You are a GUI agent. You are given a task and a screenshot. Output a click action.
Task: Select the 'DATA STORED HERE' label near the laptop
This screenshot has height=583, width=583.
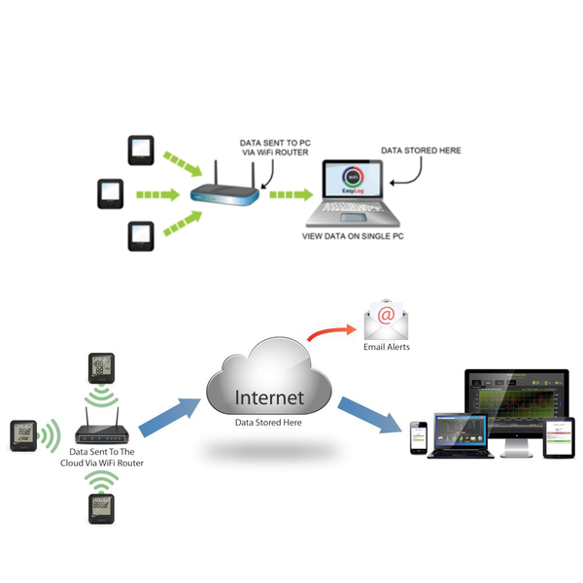(x=420, y=152)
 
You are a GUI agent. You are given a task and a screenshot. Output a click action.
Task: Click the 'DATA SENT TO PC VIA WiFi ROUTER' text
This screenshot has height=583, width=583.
(x=276, y=148)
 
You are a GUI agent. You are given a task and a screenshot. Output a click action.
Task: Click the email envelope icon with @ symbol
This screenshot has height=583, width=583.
(x=385, y=318)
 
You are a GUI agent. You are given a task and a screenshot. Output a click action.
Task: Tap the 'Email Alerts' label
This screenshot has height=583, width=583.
(x=386, y=347)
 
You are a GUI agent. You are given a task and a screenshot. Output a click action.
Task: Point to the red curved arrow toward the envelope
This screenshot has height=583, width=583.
(x=331, y=332)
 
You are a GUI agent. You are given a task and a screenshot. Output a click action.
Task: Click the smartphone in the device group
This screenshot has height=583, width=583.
(x=417, y=437)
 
